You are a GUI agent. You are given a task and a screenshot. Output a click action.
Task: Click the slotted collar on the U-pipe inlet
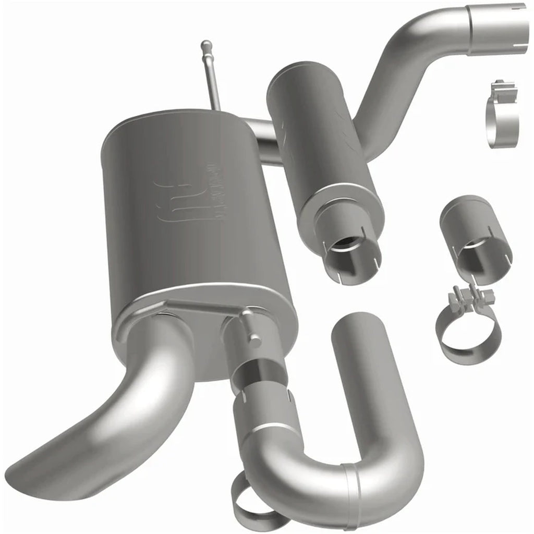coord(263,412)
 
